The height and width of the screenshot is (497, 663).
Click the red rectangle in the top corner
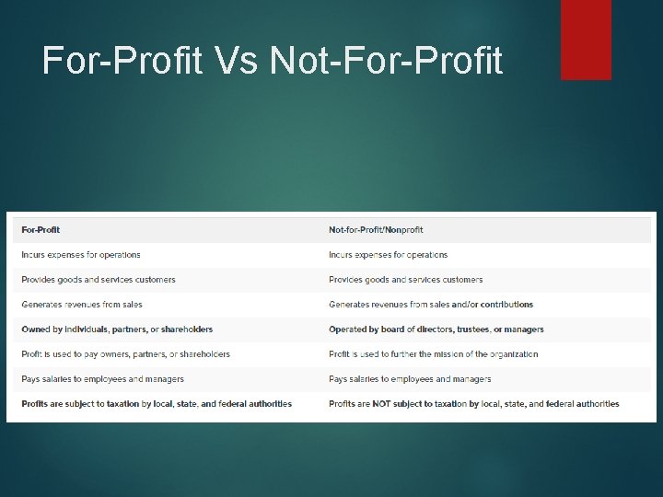click(586, 39)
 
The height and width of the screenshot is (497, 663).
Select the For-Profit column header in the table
click(41, 230)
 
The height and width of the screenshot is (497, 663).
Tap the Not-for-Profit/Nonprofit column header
click(376, 230)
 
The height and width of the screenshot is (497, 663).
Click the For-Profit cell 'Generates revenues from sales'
click(82, 305)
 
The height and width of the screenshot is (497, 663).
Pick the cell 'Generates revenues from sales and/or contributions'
click(431, 305)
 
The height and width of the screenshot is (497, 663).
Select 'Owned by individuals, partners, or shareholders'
click(117, 329)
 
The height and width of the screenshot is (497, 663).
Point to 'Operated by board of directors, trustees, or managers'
click(436, 329)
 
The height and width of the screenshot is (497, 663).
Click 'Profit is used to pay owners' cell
click(126, 354)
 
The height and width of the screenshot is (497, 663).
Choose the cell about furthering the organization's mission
click(434, 354)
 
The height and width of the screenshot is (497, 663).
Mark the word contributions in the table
click(506, 305)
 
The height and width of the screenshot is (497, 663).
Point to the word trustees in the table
click(466, 329)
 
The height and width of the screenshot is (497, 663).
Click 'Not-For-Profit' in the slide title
click(387, 61)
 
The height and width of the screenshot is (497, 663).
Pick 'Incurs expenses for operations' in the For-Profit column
click(81, 255)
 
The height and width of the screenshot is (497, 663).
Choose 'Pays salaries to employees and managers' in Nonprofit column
click(410, 379)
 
